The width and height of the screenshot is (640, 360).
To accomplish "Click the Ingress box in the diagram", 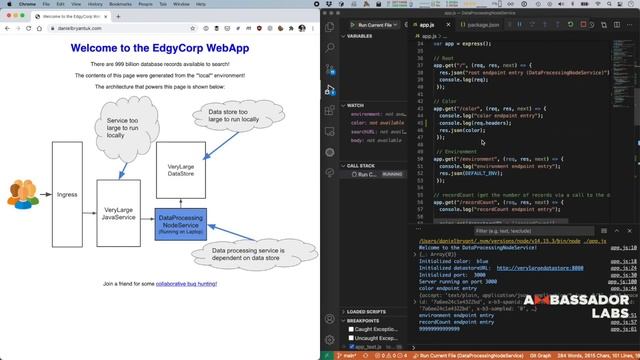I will pos(67,193).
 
